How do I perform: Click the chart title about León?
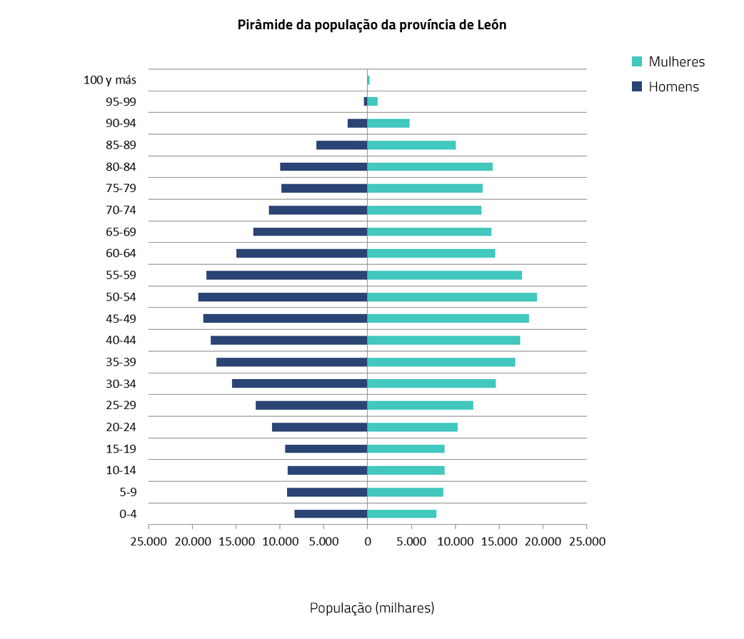tap(371, 25)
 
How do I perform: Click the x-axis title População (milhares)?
tap(371, 608)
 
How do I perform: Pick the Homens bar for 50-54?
tap(283, 297)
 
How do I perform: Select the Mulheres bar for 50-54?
tap(452, 297)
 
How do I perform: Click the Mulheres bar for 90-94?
tap(388, 124)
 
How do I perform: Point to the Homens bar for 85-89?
tap(341, 145)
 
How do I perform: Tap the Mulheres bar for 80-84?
tap(430, 167)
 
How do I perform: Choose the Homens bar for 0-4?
tap(331, 514)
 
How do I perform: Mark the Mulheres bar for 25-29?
tap(421, 406)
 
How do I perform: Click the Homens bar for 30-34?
tap(299, 383)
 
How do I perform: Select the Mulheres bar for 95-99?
tap(373, 101)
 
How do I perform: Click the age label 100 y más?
tap(110, 80)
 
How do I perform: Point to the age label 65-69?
tap(121, 232)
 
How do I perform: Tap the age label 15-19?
tap(121, 449)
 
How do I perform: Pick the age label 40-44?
tap(121, 341)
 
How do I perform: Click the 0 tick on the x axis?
tap(368, 541)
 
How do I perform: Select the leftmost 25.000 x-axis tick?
tap(149, 541)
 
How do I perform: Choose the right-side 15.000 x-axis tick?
tap(498, 541)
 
